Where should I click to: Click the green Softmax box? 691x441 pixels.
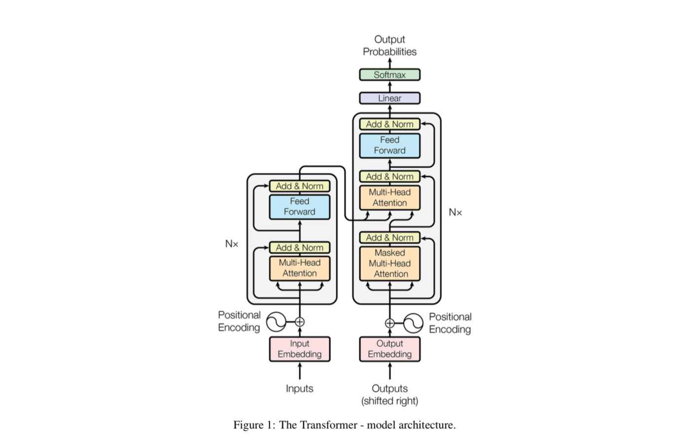pos(390,74)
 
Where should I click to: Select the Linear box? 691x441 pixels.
pos(390,98)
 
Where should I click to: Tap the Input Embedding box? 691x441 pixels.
pos(299,349)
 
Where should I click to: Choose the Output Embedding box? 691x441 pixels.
pos(390,349)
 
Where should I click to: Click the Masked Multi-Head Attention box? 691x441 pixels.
pos(390,263)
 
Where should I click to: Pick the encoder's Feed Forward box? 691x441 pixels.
pos(299,207)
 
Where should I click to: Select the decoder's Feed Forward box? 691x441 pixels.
pos(390,146)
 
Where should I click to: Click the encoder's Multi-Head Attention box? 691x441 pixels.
pos(299,268)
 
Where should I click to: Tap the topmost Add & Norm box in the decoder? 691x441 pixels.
pos(390,124)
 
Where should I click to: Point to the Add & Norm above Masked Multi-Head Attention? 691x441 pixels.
pos(390,238)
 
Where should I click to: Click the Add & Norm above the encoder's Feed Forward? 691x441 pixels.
pos(299,186)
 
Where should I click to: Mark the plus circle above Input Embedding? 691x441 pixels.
pos(299,322)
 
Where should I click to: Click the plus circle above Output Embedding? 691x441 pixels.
pos(390,323)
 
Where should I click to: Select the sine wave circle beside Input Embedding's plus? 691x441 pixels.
pos(276,322)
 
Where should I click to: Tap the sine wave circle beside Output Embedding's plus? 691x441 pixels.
pos(413,323)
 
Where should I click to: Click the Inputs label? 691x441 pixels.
pos(299,389)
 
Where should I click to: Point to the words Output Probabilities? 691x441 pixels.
pos(390,46)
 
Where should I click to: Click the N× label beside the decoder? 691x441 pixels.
pos(455,212)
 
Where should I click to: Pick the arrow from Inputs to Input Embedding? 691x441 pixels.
pos(299,371)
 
